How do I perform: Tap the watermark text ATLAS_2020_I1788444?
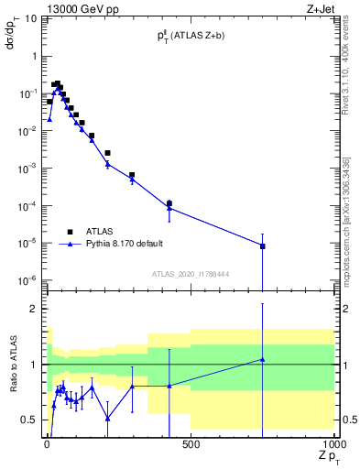(x=191, y=274)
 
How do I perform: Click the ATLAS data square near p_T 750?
(x=263, y=246)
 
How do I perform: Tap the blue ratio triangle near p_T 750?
(x=263, y=359)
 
